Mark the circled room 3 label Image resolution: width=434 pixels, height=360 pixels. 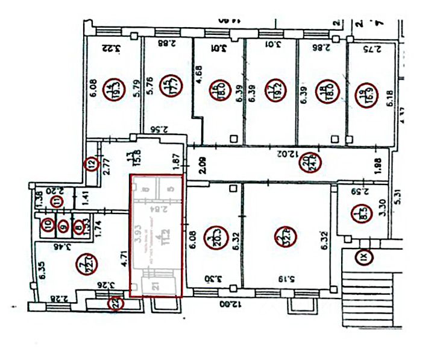pyautogui.click(x=212, y=234)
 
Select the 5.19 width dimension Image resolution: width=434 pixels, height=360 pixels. pyautogui.click(x=286, y=279)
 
